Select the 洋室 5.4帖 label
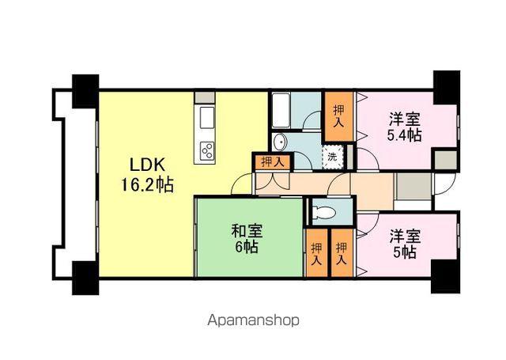pyautogui.click(x=403, y=127)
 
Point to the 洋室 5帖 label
pyautogui.click(x=403, y=244)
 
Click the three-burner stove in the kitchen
pyautogui.click(x=208, y=150)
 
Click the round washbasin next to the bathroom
pyautogui.click(x=281, y=142)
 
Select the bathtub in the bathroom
pyautogui.click(x=281, y=110)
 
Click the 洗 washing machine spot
pyautogui.click(x=333, y=157)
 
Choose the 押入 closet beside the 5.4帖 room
pyautogui.click(x=338, y=117)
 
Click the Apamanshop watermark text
pyautogui.click(x=253, y=321)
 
